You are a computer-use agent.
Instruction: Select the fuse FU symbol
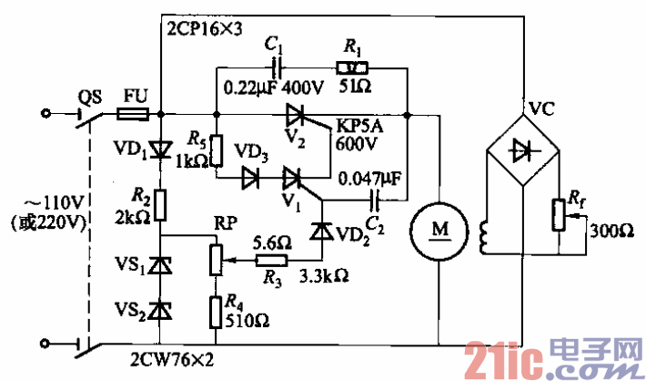[x=133, y=115]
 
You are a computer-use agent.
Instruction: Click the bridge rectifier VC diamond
[x=521, y=149]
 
